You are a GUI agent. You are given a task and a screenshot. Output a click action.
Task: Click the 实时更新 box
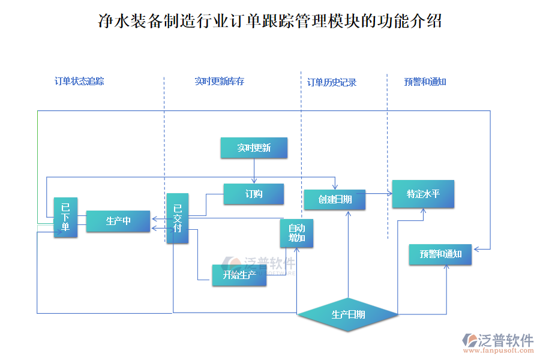click(254, 148)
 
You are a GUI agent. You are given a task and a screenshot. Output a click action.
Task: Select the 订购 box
click(254, 194)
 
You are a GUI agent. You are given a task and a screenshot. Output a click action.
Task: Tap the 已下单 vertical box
click(65, 217)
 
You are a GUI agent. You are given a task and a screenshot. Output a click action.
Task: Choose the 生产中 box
click(118, 221)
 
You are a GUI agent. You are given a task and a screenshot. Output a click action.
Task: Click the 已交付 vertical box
click(178, 218)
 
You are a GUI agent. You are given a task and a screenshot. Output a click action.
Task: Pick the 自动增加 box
click(297, 233)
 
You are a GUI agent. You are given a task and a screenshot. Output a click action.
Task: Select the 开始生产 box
click(239, 275)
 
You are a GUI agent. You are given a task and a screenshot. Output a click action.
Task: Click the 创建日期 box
click(335, 200)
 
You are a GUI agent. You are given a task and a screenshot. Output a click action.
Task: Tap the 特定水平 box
click(423, 194)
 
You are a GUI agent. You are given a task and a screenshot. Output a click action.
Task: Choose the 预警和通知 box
click(440, 254)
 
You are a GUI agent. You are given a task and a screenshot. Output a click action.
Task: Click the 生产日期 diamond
click(348, 314)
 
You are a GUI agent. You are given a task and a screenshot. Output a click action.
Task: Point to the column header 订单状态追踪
click(79, 81)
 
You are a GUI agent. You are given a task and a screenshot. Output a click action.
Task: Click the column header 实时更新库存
click(220, 81)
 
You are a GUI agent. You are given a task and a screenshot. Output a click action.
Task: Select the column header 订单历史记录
click(332, 82)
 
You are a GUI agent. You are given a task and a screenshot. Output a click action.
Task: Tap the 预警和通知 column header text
click(425, 82)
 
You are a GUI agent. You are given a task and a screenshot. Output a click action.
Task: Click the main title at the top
click(270, 22)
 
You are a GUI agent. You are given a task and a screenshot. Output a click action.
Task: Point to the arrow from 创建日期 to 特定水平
click(379, 193)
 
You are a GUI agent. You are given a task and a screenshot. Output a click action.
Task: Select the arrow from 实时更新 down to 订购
click(254, 171)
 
